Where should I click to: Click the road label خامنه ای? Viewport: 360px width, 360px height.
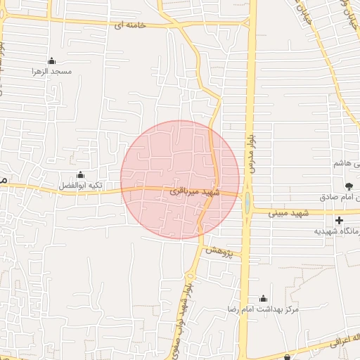tap(131, 25)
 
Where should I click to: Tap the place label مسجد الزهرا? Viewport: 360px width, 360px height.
tap(51, 71)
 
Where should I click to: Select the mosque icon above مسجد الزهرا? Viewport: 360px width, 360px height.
tap(51, 60)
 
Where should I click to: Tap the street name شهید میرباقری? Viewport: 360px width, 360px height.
tap(196, 191)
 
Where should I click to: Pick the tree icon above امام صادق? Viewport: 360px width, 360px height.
tap(349, 186)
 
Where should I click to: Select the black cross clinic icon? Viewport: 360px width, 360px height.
tap(340, 220)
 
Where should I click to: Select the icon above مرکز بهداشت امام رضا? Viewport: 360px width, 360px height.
tap(264, 298)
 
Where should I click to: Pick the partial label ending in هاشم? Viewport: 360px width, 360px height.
tap(347, 163)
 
